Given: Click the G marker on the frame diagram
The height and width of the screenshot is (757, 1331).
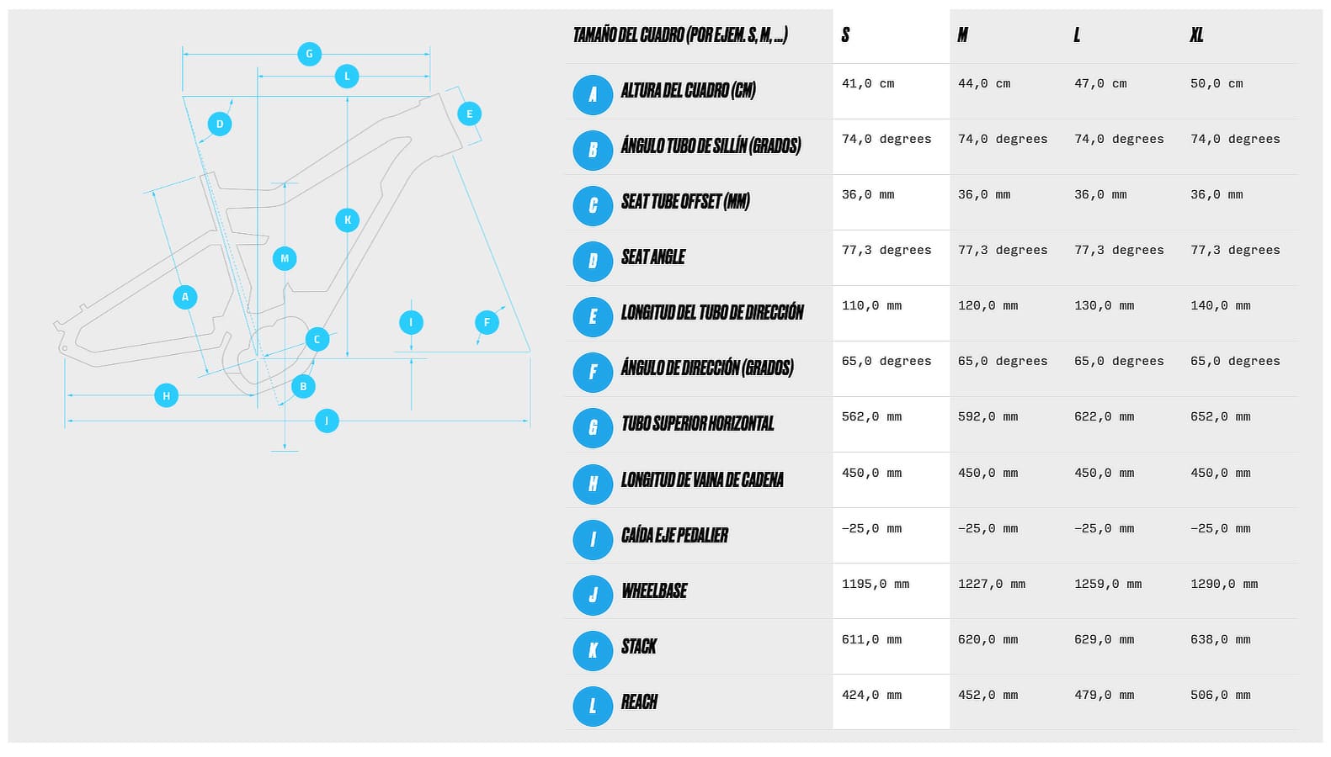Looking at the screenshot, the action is click(309, 54).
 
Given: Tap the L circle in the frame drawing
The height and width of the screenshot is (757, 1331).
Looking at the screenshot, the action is click(347, 77).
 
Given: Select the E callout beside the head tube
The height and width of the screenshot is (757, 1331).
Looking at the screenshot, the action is click(470, 114).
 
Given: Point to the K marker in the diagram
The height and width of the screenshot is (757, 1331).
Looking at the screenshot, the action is click(348, 220).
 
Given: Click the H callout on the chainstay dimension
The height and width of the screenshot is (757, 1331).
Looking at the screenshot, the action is click(167, 396).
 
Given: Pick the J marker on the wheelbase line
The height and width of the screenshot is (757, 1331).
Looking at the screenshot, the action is click(327, 421).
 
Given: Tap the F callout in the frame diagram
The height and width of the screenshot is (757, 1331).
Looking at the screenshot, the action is click(487, 322).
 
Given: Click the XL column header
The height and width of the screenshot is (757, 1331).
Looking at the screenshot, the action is click(1196, 35).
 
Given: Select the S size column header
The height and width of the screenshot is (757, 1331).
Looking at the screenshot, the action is click(845, 35).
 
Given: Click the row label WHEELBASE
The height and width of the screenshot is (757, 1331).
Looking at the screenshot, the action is click(654, 590).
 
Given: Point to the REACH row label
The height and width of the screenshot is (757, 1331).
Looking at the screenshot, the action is click(639, 701).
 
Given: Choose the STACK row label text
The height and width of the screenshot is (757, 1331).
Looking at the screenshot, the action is click(639, 647).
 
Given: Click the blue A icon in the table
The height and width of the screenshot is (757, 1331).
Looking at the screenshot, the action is click(593, 95).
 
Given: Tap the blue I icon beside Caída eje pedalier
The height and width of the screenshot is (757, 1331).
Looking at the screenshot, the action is click(593, 540).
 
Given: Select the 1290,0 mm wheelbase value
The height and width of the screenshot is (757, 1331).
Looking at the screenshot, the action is click(1224, 585).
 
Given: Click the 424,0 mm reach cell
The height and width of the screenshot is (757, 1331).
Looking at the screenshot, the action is click(871, 696).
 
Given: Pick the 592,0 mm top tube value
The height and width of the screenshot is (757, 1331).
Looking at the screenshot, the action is click(988, 417).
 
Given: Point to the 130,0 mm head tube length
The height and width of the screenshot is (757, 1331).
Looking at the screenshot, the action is click(1104, 306).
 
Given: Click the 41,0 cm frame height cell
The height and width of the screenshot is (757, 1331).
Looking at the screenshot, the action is click(868, 84).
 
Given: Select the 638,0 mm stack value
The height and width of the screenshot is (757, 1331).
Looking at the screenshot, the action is click(1221, 640).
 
